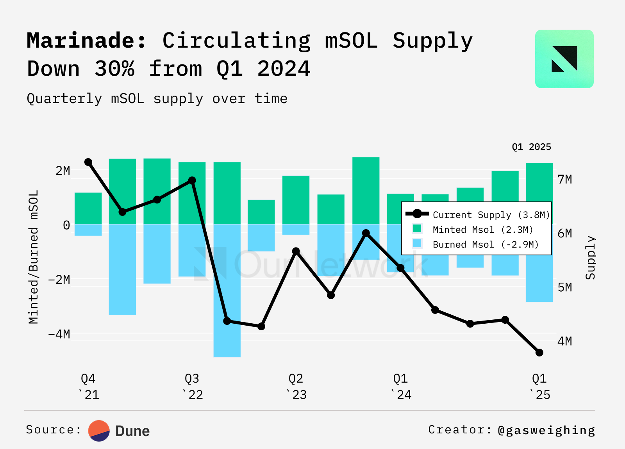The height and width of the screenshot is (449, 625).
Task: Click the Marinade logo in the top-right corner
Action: tap(564, 59)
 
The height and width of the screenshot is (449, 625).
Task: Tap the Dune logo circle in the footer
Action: tap(99, 431)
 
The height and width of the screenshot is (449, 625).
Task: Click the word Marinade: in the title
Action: tap(86, 41)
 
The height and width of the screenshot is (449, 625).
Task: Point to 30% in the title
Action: tap(114, 69)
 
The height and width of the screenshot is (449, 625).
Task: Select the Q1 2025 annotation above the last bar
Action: tap(531, 147)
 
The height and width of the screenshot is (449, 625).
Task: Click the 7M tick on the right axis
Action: tap(564, 180)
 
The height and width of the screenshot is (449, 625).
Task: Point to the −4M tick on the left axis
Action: tap(59, 334)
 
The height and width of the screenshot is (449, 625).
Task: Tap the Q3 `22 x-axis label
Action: tap(192, 387)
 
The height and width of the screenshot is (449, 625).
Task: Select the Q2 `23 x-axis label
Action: tap(296, 387)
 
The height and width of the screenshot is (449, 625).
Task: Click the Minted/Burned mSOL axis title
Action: tap(34, 257)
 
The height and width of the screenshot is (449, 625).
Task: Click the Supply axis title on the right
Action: tap(590, 258)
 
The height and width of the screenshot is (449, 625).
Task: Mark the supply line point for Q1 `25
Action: tap(539, 353)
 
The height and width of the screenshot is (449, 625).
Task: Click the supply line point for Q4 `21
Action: tap(88, 162)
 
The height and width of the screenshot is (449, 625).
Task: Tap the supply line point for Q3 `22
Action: tap(192, 180)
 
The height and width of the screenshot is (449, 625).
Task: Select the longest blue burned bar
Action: tap(227, 290)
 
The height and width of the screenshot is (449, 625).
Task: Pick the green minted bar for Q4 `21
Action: tap(88, 208)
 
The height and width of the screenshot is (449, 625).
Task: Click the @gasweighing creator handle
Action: tap(546, 430)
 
